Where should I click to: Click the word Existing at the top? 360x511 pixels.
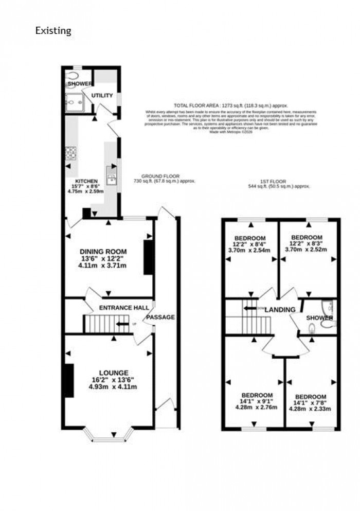click(x=53, y=31)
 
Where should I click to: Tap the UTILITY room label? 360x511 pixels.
click(x=102, y=96)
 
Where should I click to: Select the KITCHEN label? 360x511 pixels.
click(x=86, y=182)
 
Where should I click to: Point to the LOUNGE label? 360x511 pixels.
click(x=114, y=372)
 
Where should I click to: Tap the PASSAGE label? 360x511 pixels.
click(x=160, y=317)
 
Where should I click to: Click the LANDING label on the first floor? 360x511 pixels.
click(x=280, y=310)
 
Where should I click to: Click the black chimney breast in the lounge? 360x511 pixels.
click(x=68, y=380)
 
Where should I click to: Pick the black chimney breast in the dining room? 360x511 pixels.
click(x=149, y=257)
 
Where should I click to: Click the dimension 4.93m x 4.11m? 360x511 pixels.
click(x=114, y=387)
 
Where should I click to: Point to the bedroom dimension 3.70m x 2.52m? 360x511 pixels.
click(x=306, y=250)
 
